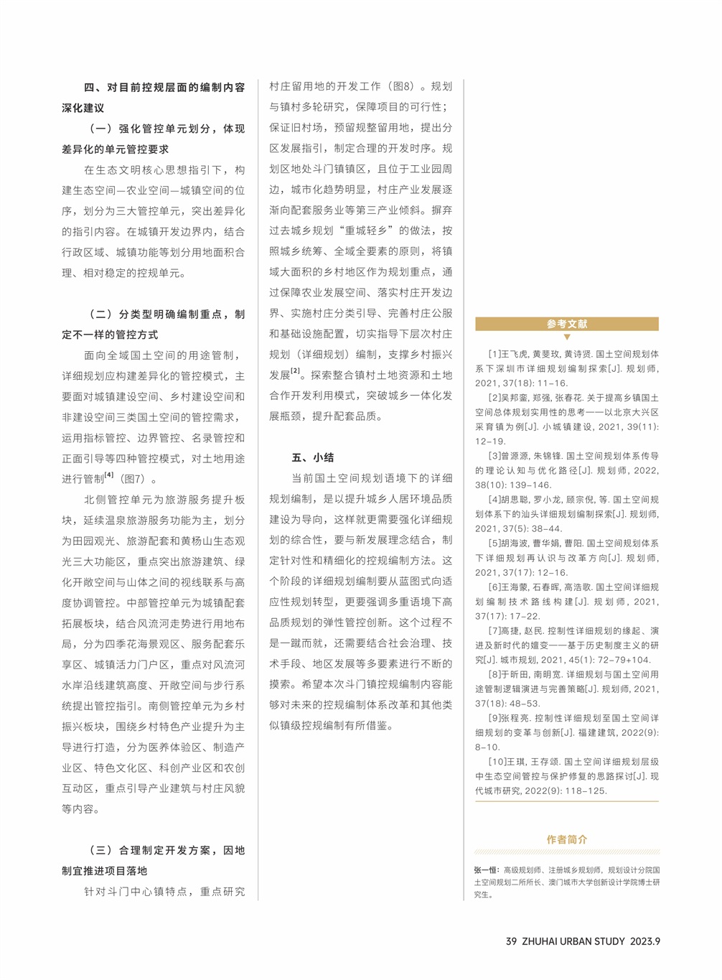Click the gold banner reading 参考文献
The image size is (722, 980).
[x=566, y=324]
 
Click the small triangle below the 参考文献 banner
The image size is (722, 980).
[x=567, y=337]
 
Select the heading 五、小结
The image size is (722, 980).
[x=313, y=457]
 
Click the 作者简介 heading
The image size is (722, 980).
[x=567, y=839]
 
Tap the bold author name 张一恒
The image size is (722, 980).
[x=486, y=869]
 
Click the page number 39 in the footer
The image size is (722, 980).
[x=511, y=941]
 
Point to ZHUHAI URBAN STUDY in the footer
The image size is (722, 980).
[x=573, y=941]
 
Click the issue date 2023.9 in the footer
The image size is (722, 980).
[x=645, y=941]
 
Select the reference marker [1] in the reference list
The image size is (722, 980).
[x=494, y=354]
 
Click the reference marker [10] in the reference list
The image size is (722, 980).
[x=497, y=762]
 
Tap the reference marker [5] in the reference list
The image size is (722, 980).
[x=494, y=543]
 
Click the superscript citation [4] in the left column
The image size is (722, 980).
[x=109, y=475]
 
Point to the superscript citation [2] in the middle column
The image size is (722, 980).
[x=295, y=371]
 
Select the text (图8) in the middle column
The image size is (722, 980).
[x=403, y=86]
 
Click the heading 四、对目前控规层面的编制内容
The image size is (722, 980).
[x=164, y=88]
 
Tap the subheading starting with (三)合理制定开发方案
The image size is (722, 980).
[x=167, y=850]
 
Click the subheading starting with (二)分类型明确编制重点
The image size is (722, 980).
[x=167, y=314]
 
